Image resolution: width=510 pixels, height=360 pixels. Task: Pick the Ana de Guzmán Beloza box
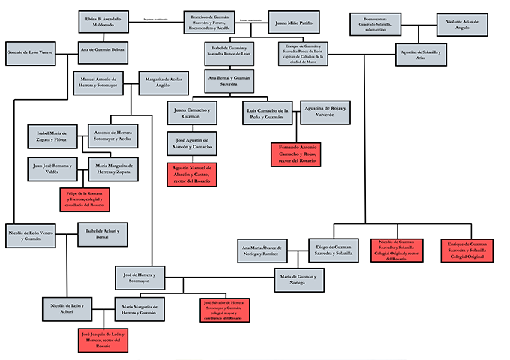tap(103, 52)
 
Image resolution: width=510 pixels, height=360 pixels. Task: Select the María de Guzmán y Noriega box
tap(300, 278)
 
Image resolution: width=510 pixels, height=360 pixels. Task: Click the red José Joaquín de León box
tap(103, 340)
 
